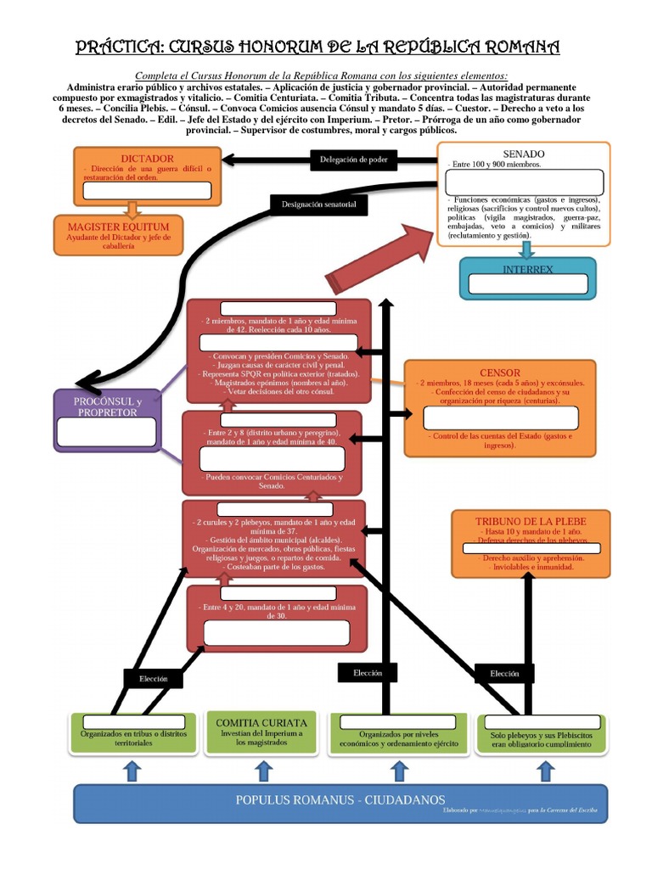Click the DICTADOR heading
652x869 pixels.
click(x=147, y=159)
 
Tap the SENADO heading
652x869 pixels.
click(x=523, y=153)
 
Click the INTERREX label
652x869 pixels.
click(x=527, y=269)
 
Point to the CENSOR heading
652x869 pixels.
click(x=499, y=373)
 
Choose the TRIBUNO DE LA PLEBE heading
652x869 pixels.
click(x=531, y=521)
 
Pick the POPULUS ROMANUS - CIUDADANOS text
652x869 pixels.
click(x=340, y=800)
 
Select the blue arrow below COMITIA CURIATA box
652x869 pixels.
click(x=263, y=770)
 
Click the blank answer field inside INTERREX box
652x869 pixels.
click(x=527, y=283)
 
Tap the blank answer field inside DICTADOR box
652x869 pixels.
click(x=148, y=190)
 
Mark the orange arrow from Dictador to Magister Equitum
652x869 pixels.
click(x=131, y=208)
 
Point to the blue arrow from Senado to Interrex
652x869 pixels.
click(x=527, y=249)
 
